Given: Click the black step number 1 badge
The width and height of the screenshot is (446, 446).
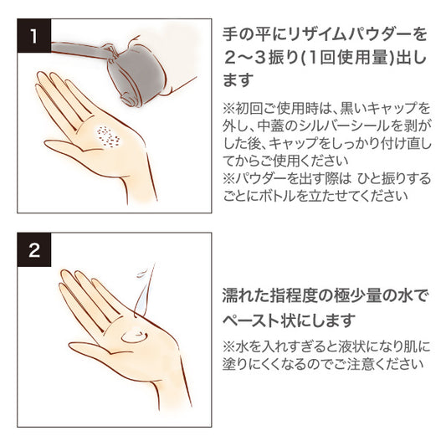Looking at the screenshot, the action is (x=34, y=36).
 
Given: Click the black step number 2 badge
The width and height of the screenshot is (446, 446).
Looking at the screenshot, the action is (x=34, y=249).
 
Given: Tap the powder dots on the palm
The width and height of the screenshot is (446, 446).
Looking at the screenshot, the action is (x=109, y=137).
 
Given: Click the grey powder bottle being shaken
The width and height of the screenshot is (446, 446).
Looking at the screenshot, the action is (x=130, y=74).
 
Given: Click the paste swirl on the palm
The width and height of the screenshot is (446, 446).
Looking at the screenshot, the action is (x=134, y=336).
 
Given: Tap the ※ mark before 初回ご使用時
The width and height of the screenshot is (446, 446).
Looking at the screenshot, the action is (x=229, y=109).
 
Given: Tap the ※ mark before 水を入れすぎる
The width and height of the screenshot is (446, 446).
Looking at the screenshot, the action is (x=229, y=346).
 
